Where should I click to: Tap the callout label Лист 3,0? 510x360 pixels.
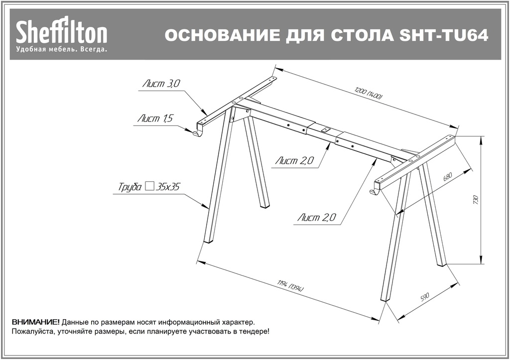point(161,84)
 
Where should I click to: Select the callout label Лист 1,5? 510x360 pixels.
point(155,118)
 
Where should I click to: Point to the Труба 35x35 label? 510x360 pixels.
point(149,187)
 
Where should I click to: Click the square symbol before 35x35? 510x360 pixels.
point(149,186)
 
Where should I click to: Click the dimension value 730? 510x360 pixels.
point(476,199)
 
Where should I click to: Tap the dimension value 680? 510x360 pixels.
point(448,177)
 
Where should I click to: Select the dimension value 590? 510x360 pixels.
point(425,297)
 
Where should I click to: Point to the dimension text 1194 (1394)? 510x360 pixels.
point(290,285)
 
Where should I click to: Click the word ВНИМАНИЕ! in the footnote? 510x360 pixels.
point(36,322)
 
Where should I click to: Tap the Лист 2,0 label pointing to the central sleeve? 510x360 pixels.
point(295,160)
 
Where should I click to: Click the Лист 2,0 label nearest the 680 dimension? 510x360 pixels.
point(316,217)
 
